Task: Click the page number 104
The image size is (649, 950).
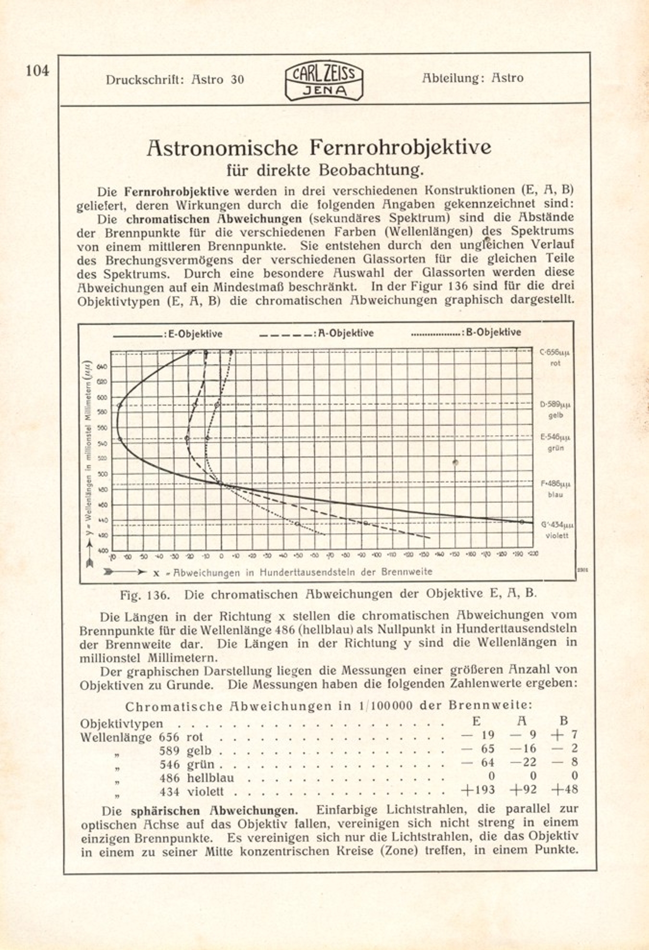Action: [x=37, y=71]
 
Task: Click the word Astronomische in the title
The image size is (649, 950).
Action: [x=222, y=147]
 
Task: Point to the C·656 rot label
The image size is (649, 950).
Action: [x=554, y=357]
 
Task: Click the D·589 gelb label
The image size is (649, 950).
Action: [x=555, y=410]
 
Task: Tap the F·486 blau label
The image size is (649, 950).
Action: [x=555, y=489]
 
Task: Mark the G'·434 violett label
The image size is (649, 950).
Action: [x=557, y=529]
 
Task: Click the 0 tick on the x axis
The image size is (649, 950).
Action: [x=221, y=556]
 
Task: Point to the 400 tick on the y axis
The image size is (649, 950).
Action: [x=103, y=551]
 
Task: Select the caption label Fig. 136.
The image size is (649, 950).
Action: [x=145, y=595]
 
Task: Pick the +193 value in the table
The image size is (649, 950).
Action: [x=478, y=790]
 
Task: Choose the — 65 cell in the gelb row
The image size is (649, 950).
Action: [x=478, y=749]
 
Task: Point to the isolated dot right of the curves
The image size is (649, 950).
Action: [x=455, y=463]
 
